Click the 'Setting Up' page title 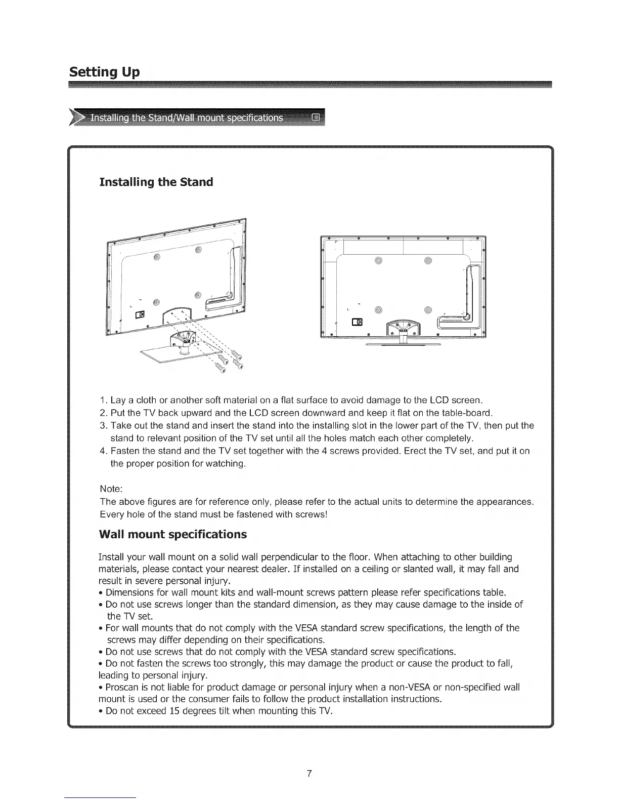(x=105, y=72)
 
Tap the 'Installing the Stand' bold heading (x=156, y=182)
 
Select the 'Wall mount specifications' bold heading (x=173, y=535)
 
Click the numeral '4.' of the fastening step (x=104, y=451)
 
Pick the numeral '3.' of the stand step (x=104, y=425)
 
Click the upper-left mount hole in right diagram (x=378, y=261)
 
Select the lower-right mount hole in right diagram (x=428, y=310)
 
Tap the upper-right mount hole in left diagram (x=198, y=249)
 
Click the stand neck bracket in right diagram (x=403, y=329)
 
